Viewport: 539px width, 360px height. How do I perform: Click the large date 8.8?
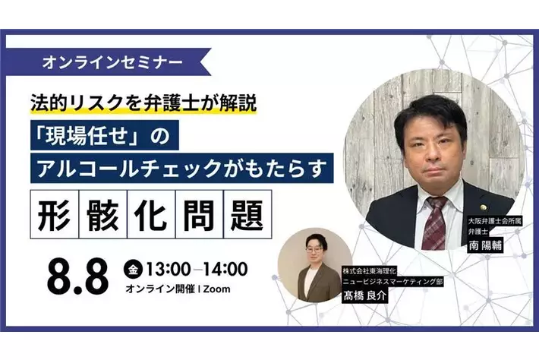[77, 279]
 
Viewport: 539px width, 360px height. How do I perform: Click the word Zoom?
[217, 289]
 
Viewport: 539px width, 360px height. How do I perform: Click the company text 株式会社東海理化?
[367, 270]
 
